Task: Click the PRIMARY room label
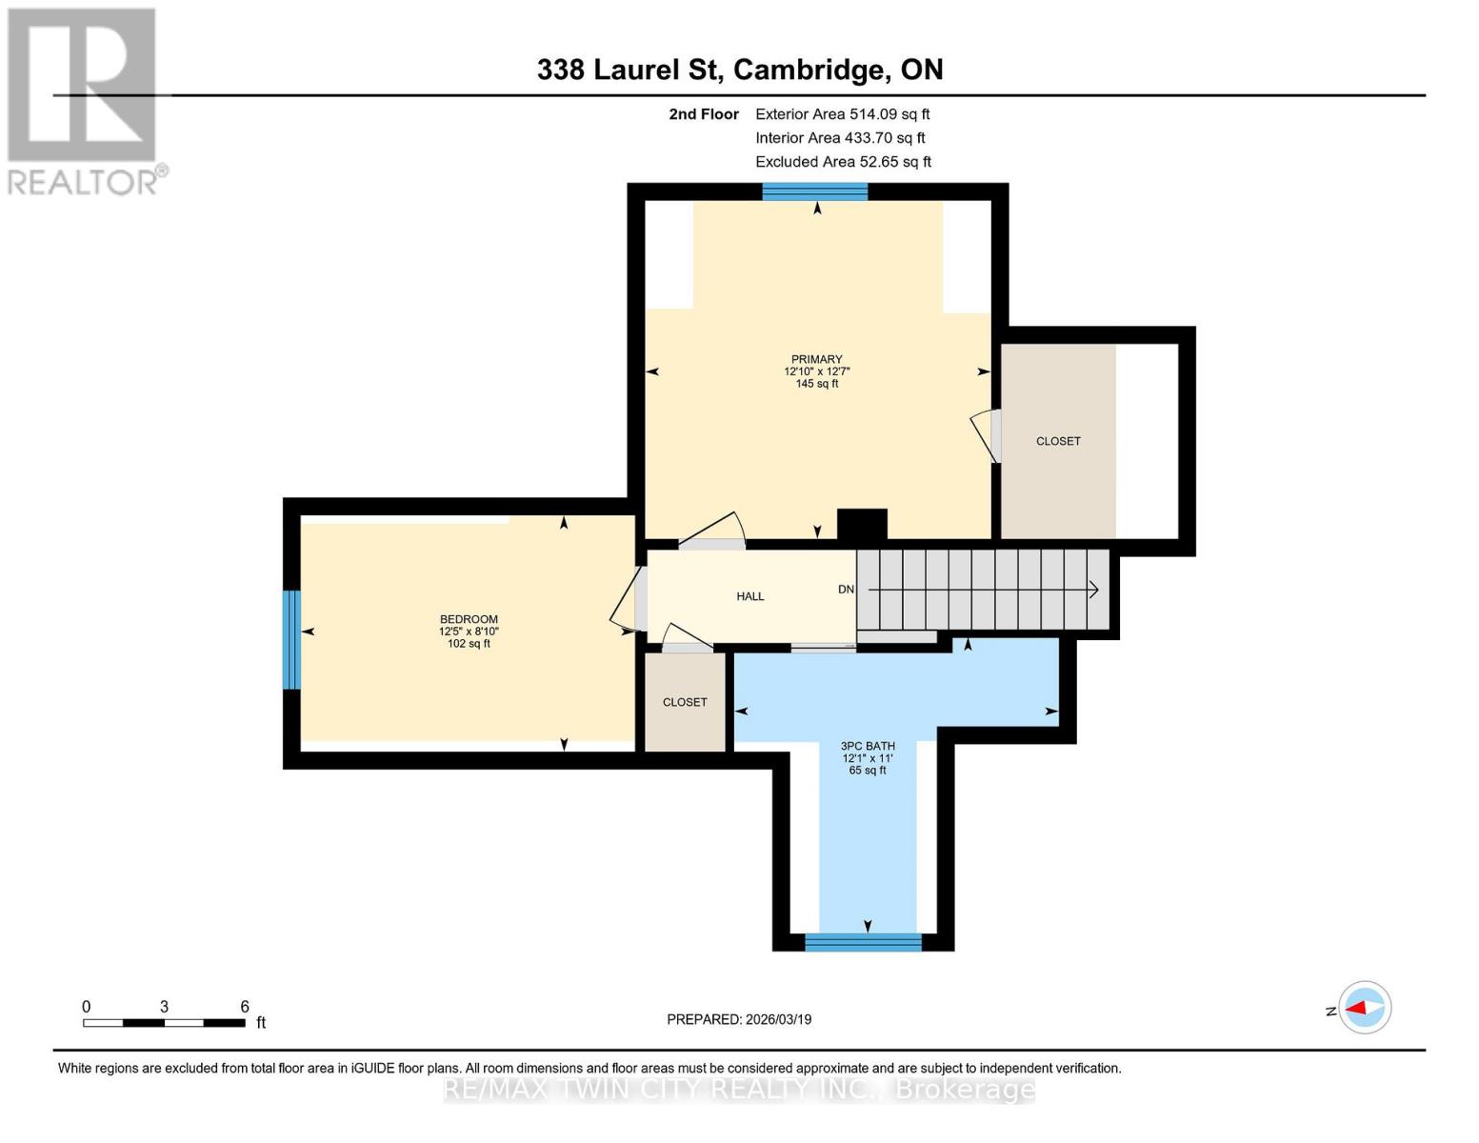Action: pos(816,360)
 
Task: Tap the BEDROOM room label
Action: pos(469,619)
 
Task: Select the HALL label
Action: pos(750,596)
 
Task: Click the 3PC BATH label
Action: pos(868,746)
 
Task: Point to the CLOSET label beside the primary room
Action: pos(1058,441)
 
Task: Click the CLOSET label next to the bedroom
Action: pos(685,702)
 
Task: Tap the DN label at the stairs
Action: pos(846,590)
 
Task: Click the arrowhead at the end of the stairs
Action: pos(1093,590)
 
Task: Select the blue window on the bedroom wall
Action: pos(291,640)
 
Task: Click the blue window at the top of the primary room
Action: pos(815,192)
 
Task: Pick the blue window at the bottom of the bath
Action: pos(864,942)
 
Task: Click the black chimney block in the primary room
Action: pos(862,524)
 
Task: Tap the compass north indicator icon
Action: pos(1365,1008)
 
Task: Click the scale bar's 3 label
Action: pos(165,1007)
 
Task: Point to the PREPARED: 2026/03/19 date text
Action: pos(739,1019)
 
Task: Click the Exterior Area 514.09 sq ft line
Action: pos(842,113)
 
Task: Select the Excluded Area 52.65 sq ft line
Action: pos(843,162)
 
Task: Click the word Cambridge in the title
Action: pos(808,70)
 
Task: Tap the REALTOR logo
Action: pos(84,100)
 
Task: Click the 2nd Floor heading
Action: pos(704,113)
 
